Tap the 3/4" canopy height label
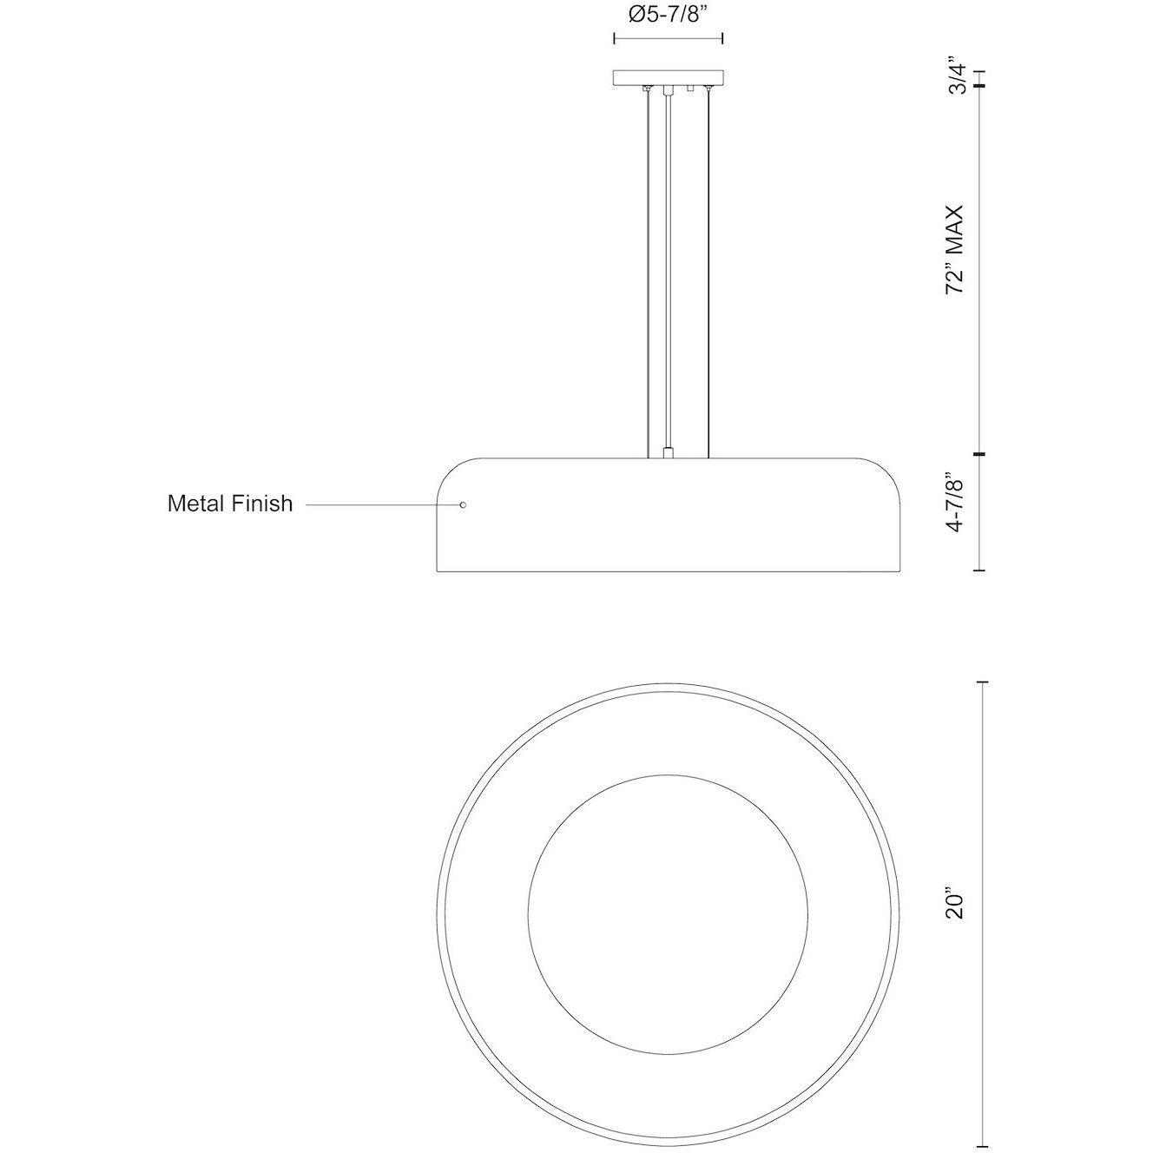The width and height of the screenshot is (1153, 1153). [x=957, y=76]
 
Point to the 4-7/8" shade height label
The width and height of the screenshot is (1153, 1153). [x=957, y=513]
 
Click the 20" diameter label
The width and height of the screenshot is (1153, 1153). [x=957, y=903]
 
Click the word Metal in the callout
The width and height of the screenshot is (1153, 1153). [x=198, y=504]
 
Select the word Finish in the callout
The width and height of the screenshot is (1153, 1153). [x=263, y=504]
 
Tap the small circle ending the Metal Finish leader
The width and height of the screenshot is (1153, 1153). [x=462, y=504]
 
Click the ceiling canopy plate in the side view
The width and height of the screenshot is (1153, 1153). [x=669, y=78]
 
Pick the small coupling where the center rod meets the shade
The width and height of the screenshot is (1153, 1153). [x=668, y=452]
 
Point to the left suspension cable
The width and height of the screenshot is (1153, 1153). [x=648, y=269]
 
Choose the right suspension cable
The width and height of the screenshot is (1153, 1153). [x=709, y=269]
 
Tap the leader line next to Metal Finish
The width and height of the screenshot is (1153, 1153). [x=382, y=504]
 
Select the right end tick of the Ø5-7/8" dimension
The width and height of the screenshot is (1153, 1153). [x=723, y=38]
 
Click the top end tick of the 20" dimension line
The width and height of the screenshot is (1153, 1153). [x=981, y=683]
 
